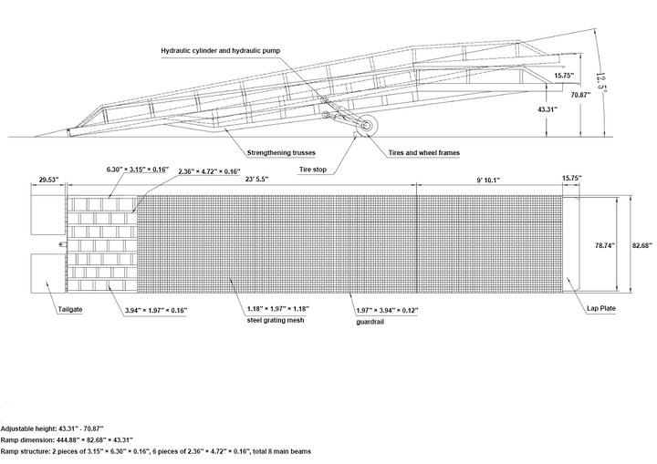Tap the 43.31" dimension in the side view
coord(547,109)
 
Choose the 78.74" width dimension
coord(603,246)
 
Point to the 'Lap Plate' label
coord(602,310)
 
